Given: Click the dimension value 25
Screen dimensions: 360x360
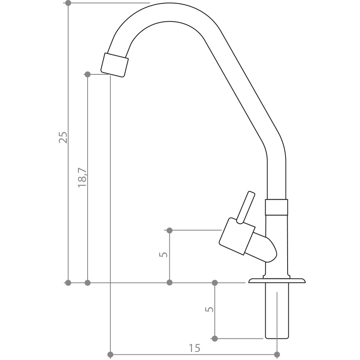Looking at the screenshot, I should point(63,137).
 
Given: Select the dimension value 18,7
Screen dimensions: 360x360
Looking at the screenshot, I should point(83,178).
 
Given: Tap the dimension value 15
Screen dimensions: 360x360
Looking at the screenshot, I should point(194,348).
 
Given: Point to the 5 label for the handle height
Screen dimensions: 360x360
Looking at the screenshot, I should point(163,254).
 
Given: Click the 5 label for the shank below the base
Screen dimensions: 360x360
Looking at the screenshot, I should point(209,309).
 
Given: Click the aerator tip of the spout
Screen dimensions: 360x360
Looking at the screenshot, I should point(115,64).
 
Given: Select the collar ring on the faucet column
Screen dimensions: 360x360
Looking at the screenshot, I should point(276,207).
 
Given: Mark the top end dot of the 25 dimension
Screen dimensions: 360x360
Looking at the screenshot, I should point(68,3).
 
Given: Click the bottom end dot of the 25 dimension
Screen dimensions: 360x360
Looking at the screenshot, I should point(68,283).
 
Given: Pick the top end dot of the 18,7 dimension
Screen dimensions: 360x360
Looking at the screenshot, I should point(88,74).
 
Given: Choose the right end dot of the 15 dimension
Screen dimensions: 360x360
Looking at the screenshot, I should point(277,354).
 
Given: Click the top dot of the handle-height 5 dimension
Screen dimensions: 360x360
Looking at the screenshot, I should point(169,230).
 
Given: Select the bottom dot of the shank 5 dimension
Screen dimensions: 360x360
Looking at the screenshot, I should point(215,339).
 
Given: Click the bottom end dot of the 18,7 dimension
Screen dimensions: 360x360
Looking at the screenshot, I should point(88,283).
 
